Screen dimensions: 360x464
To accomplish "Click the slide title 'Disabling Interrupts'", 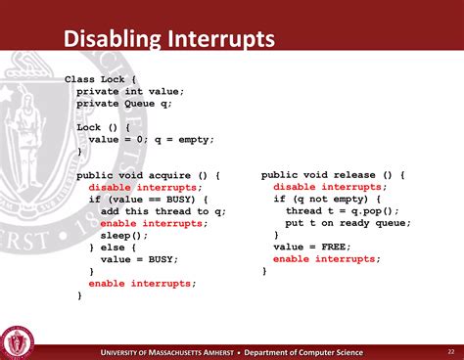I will click(x=169, y=40).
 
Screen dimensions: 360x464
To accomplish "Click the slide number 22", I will click(x=450, y=351).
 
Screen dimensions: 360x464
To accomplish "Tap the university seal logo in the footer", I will click(x=17, y=341).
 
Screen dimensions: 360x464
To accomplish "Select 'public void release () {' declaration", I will click(x=333, y=175).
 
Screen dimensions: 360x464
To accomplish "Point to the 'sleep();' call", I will click(x=124, y=236).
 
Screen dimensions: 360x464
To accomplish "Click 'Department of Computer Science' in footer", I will click(x=303, y=352).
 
